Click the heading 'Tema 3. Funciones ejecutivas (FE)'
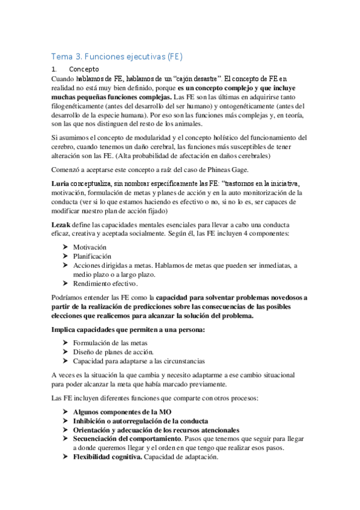(116, 57)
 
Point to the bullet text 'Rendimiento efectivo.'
(106, 284)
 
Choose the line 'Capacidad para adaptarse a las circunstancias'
(139, 361)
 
